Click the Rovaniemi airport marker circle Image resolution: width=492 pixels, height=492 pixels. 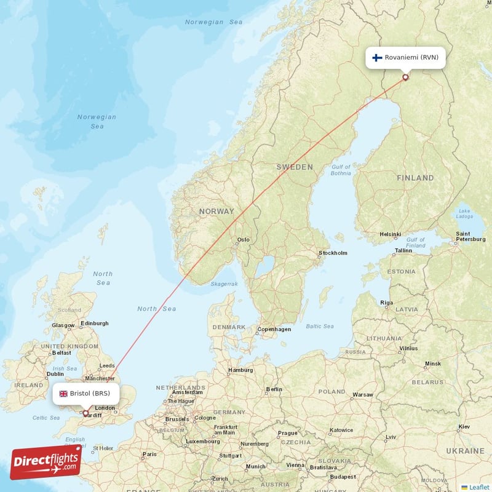[x=405, y=77]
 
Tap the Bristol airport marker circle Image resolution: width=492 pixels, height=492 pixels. [x=85, y=413]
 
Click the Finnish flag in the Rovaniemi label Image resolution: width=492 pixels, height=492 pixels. [x=378, y=58]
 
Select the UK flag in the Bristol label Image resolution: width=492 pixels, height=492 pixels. [x=63, y=394]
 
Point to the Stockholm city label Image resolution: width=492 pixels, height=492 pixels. [x=333, y=253]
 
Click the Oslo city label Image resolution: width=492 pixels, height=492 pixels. [x=244, y=240]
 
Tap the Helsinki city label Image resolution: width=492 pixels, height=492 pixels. [x=390, y=234]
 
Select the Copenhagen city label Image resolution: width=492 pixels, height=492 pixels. [x=274, y=329]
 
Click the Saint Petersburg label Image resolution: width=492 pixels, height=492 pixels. [x=470, y=237]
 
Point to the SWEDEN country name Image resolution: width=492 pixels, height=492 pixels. [x=295, y=167]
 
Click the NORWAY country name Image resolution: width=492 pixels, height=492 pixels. [x=216, y=212]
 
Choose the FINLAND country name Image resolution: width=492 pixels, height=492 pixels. [x=415, y=178]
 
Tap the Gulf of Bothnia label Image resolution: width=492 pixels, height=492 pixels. [x=341, y=170]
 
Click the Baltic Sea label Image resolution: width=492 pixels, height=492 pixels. [x=320, y=326]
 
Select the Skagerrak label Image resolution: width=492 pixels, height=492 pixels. [x=224, y=284]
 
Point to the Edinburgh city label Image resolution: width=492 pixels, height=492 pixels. [x=95, y=323]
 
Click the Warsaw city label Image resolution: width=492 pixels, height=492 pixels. [x=362, y=394]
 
